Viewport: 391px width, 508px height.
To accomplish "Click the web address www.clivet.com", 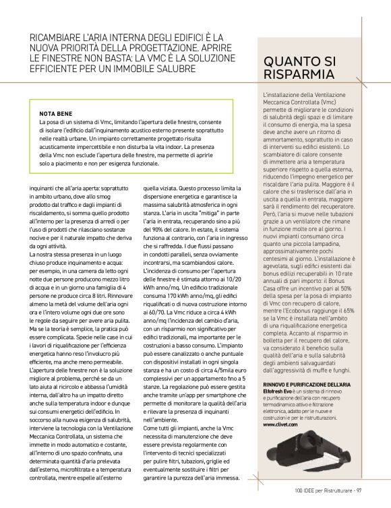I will click(279, 425).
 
